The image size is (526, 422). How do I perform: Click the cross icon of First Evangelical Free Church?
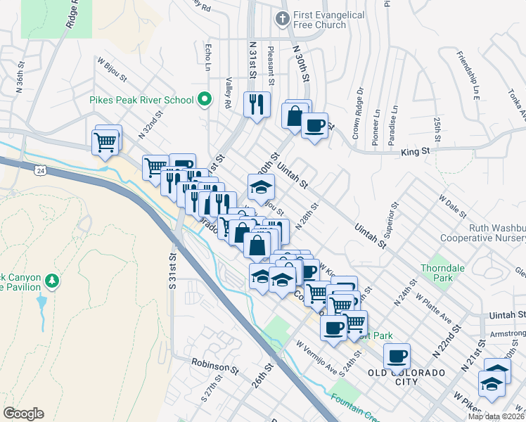(282, 19)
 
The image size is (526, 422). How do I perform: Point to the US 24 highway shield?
(41, 171)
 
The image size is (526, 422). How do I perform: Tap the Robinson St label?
(215, 366)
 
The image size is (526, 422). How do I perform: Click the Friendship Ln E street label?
(468, 75)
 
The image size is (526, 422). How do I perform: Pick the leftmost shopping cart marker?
(105, 141)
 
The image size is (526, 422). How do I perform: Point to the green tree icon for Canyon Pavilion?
(51, 281)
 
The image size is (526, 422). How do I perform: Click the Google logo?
(23, 414)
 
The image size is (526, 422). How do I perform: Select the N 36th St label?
(21, 75)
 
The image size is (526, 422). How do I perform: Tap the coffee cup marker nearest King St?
(314, 126)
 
